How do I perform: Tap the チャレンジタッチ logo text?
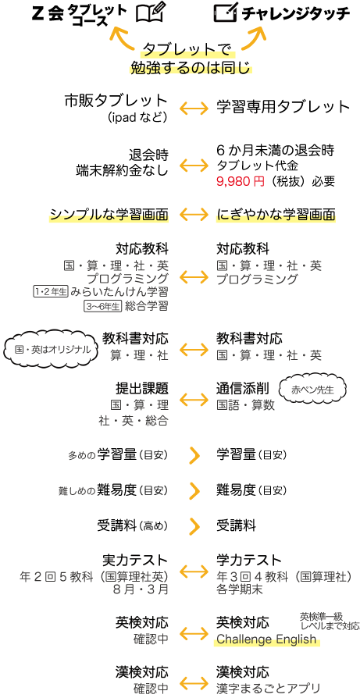(296, 14)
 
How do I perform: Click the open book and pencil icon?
(151, 13)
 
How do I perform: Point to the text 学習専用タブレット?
(283, 107)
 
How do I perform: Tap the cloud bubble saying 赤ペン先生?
(312, 390)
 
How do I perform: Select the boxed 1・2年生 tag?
(50, 292)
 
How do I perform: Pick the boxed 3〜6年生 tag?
(103, 306)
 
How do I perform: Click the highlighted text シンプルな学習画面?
(109, 215)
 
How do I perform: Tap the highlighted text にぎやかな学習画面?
(276, 215)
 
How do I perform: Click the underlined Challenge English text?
(266, 640)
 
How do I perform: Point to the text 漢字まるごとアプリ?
(269, 688)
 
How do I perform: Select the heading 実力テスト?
(135, 560)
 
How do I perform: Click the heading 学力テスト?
(250, 560)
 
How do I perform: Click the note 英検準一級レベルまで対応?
(330, 621)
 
